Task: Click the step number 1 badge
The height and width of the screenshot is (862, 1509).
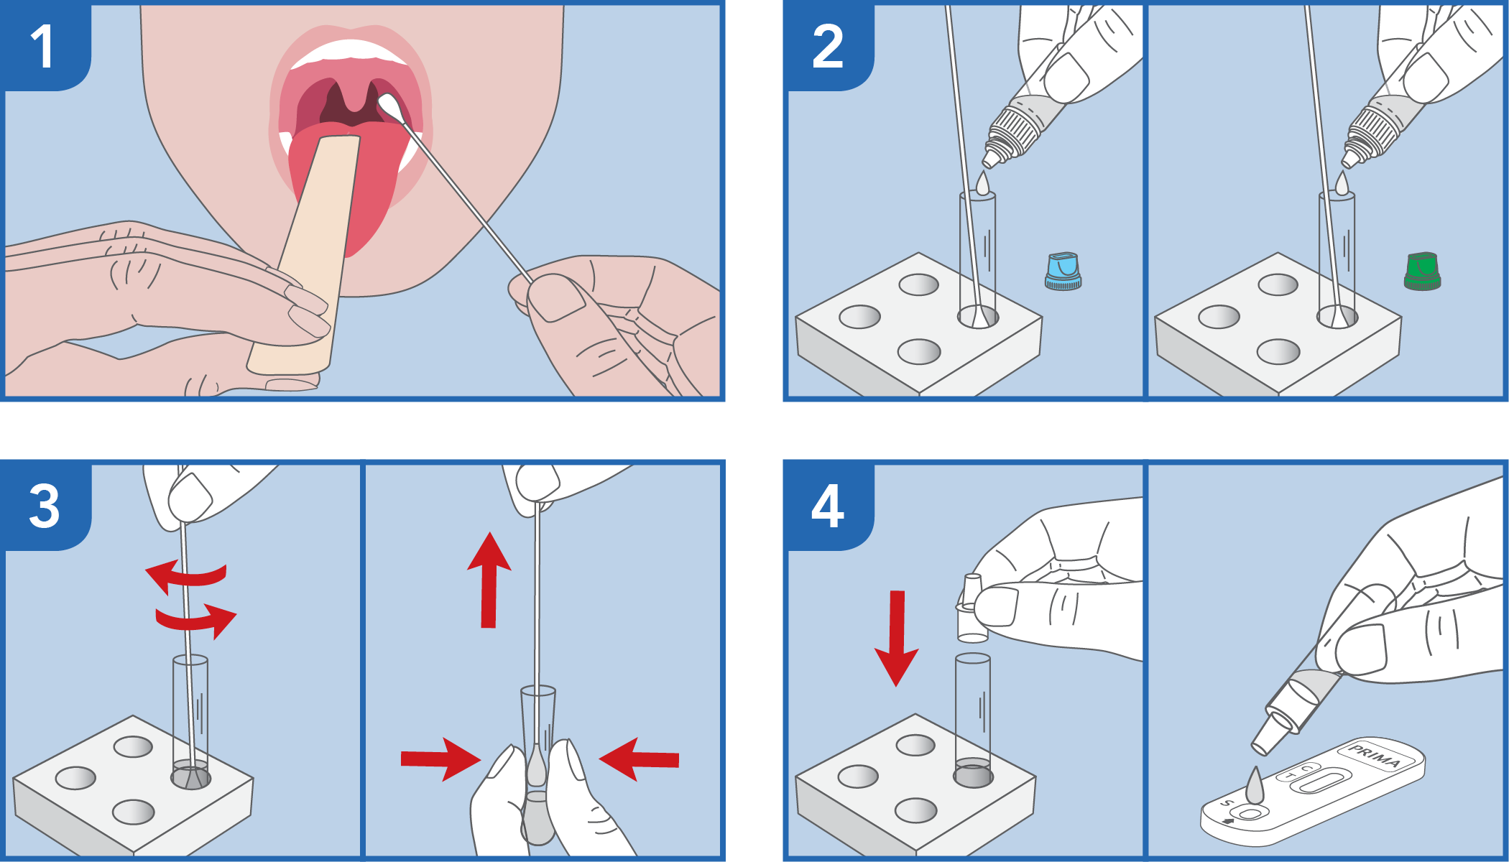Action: pyautogui.click(x=43, y=47)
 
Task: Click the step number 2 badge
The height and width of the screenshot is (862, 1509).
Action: pyautogui.click(x=827, y=47)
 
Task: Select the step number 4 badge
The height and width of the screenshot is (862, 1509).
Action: pyautogui.click(x=827, y=506)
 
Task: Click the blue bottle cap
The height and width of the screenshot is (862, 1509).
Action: pyautogui.click(x=1063, y=271)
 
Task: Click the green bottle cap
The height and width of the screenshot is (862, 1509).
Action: pyautogui.click(x=1422, y=271)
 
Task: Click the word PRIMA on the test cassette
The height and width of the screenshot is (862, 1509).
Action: pyautogui.click(x=1375, y=756)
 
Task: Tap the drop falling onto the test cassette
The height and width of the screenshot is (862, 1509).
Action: pyautogui.click(x=1254, y=787)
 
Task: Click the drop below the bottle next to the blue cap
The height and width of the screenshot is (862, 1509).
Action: pyautogui.click(x=982, y=183)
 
